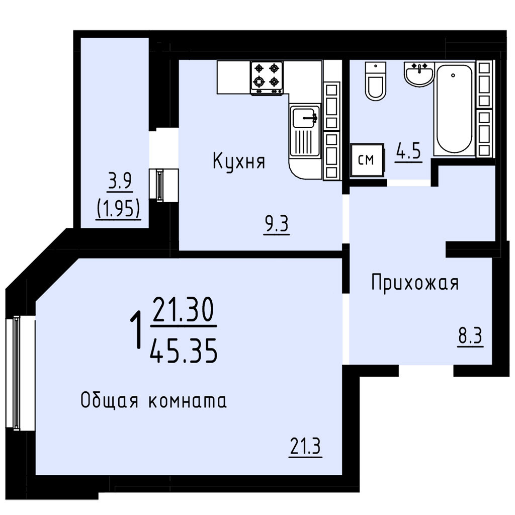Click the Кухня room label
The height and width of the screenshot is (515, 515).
pos(239,161)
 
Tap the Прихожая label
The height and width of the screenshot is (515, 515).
pos(415,283)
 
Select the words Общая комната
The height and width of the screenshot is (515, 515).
pos(153,401)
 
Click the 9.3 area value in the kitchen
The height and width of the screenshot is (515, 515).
pos(276,224)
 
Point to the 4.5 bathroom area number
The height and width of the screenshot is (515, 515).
pos(408,151)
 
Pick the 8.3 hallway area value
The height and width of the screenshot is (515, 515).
pos(471,336)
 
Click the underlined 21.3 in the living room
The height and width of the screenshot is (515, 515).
pos(305,447)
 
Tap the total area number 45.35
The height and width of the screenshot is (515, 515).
pos(183,351)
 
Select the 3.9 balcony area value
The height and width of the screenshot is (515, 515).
pos(120,182)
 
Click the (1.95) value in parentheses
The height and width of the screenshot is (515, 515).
pos(118,209)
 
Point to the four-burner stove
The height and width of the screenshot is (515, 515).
pos(267,78)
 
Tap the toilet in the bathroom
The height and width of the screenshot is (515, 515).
pos(375,81)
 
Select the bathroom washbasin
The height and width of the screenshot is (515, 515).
pos(419,74)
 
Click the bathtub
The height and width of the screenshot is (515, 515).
pos(454,109)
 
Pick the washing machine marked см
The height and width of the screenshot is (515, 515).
pos(367,160)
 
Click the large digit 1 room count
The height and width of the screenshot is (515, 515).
pos(136,330)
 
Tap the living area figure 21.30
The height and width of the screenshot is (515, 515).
pos(183,309)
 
